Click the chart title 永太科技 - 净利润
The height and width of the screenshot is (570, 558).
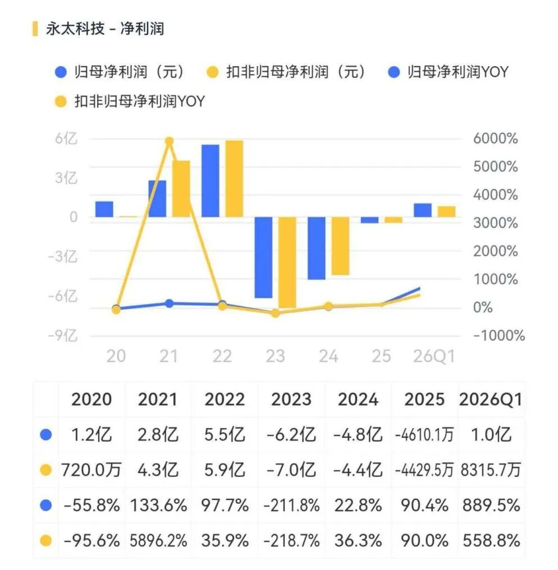105,29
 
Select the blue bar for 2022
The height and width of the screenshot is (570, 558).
211,180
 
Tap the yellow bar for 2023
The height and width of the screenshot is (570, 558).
287,262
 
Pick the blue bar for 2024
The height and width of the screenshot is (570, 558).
316,248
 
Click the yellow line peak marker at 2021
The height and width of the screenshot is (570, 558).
170,141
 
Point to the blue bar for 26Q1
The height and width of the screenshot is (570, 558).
423,210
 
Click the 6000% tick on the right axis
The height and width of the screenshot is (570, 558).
495,138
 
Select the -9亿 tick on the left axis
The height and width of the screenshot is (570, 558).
63,335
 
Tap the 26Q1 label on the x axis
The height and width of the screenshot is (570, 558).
434,356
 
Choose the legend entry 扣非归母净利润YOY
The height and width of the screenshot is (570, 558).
130,101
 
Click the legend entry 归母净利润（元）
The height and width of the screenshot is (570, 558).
120,72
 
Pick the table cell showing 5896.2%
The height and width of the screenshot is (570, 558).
158,540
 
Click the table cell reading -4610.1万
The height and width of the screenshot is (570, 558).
424,434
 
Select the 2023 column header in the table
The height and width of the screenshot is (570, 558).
291,399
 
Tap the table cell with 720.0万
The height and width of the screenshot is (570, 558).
91,470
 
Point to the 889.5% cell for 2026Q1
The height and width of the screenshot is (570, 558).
491,506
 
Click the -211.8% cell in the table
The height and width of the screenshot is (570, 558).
291,506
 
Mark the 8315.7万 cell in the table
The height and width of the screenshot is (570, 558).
491,470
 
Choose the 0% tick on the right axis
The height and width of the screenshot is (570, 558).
483,307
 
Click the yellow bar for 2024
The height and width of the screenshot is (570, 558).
340,246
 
